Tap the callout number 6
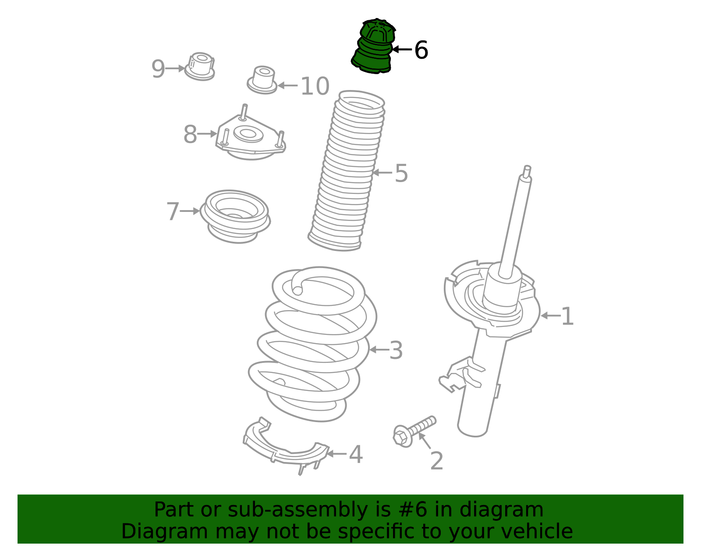click(421, 50)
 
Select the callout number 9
click(158, 69)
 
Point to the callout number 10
click(315, 86)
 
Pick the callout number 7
click(173, 211)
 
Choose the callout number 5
click(401, 173)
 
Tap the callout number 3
click(396, 351)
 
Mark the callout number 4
click(356, 455)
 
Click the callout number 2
click(437, 461)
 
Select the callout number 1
click(567, 316)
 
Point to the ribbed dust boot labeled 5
click(346, 171)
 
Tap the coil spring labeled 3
click(312, 344)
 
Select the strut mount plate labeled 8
click(251, 136)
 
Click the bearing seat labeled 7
click(235, 216)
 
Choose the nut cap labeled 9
click(200, 66)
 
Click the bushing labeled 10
click(262, 80)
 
